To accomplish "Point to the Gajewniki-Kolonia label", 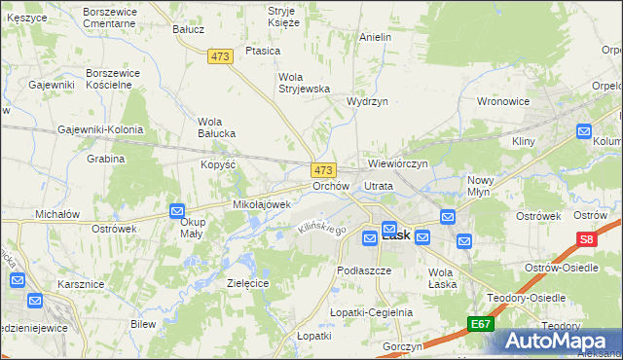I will click(x=100, y=129).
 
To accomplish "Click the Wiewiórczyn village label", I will click(x=397, y=163).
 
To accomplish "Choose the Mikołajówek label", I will click(x=262, y=204).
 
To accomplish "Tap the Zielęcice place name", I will click(x=247, y=282).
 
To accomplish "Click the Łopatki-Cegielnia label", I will click(x=371, y=312).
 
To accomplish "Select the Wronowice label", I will click(x=502, y=100).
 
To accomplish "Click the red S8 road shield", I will click(x=586, y=239).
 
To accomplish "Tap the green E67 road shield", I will click(x=479, y=323).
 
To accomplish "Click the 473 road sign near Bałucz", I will click(x=220, y=57).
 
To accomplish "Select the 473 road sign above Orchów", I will click(x=323, y=169).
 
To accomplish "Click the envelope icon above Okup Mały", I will click(x=177, y=210).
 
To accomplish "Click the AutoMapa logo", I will click(x=558, y=341).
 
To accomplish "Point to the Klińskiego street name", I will click(x=322, y=228).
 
